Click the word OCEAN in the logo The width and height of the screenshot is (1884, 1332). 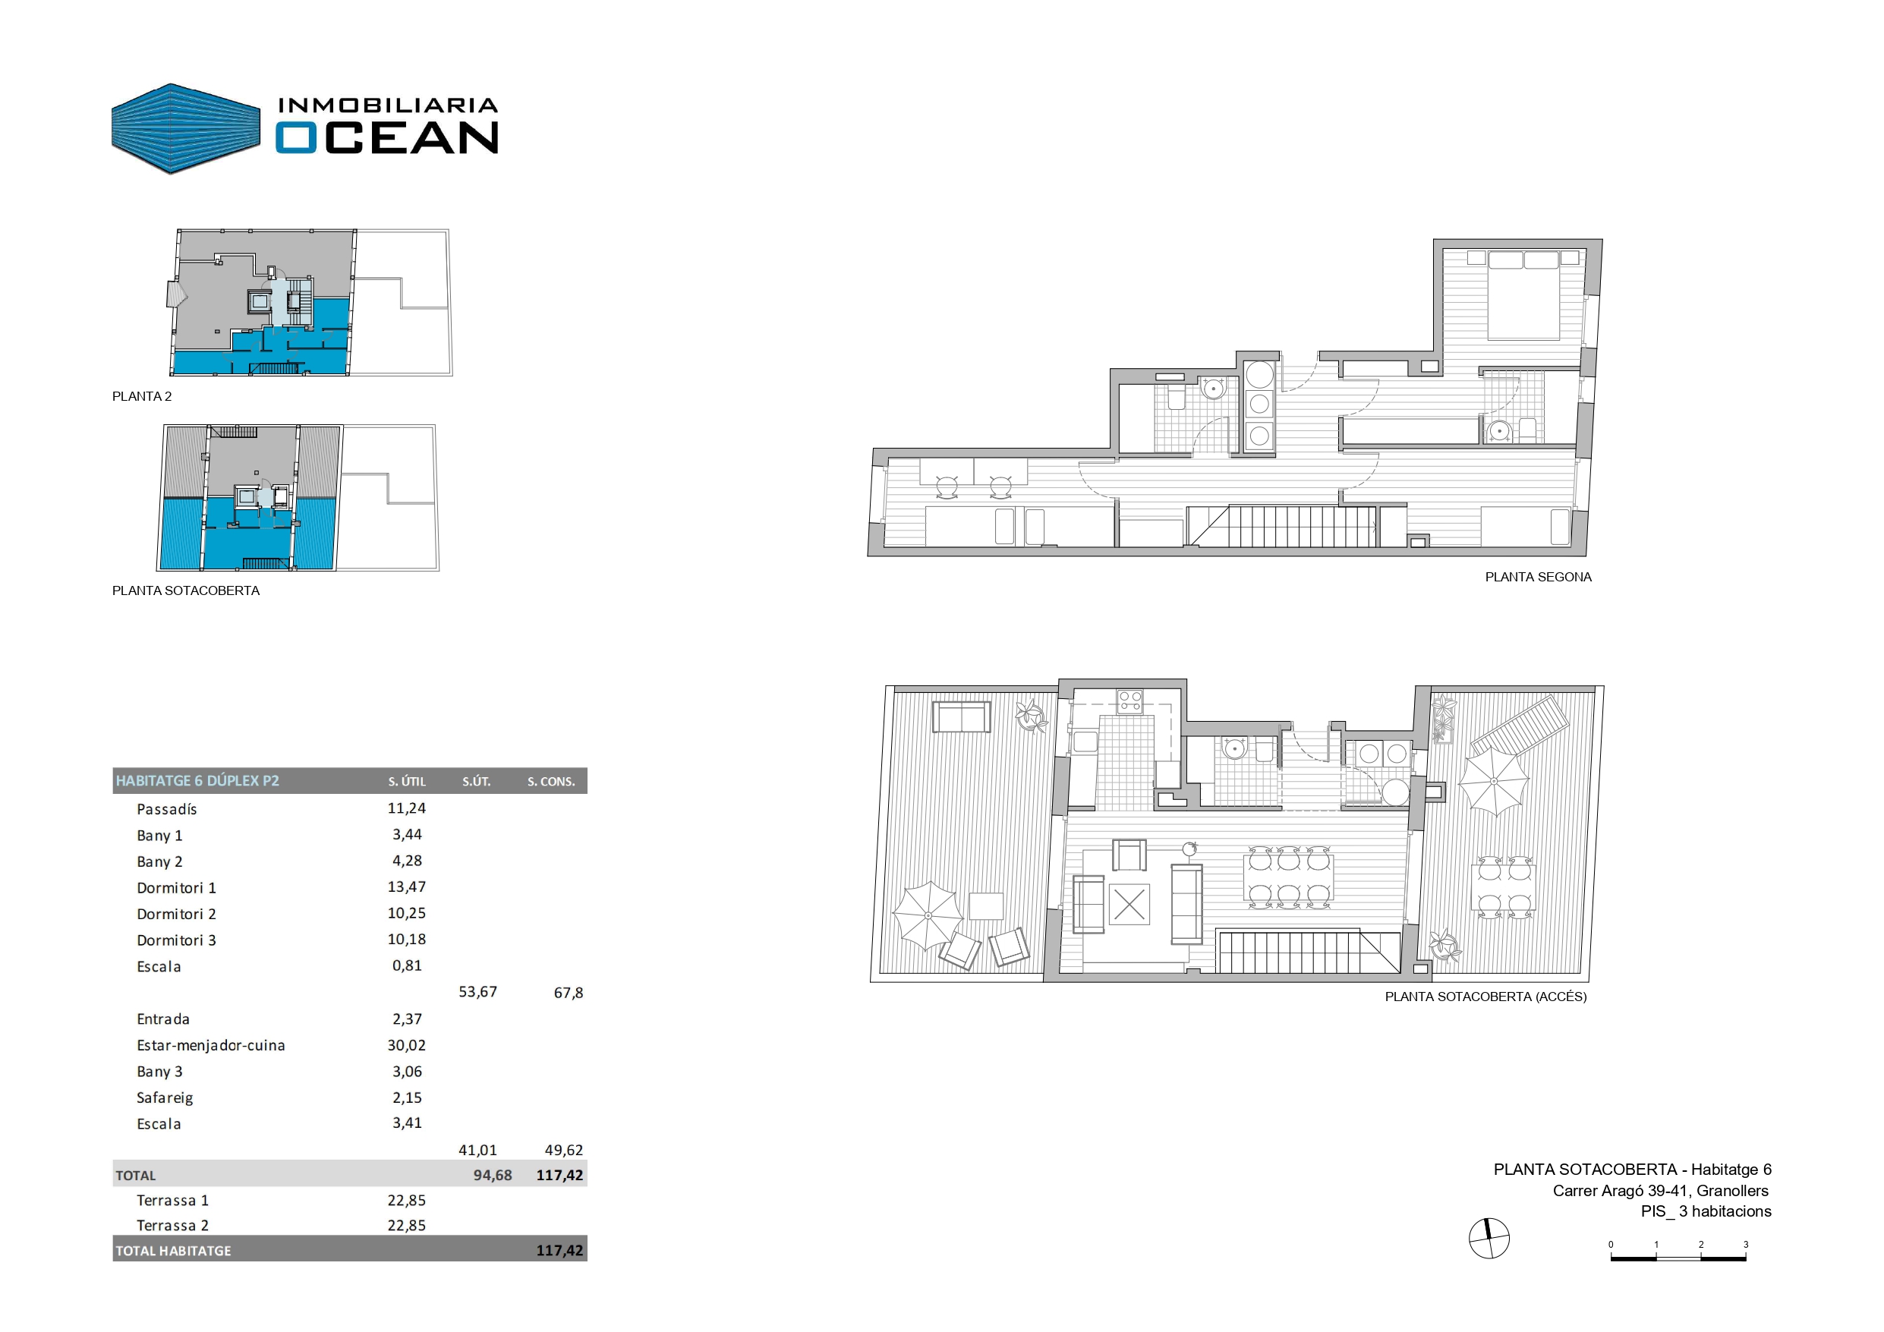(x=387, y=137)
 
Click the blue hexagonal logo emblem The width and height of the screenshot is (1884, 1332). (x=185, y=129)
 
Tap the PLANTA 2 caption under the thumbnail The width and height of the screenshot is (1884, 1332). (x=142, y=396)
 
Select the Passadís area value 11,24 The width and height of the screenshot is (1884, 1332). (x=406, y=808)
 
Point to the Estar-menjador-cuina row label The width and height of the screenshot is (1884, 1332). (x=211, y=1046)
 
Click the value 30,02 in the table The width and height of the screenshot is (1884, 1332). (x=406, y=1046)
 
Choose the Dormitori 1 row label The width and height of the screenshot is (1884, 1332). (x=176, y=888)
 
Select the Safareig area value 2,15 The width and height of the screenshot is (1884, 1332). (x=406, y=1098)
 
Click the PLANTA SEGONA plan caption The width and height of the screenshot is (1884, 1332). (x=1538, y=578)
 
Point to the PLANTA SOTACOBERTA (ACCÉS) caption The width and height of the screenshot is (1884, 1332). (x=1485, y=997)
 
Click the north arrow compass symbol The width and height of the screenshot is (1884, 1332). (x=1489, y=1239)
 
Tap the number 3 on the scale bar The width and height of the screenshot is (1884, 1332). (x=1745, y=1245)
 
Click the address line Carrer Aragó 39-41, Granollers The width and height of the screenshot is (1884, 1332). (x=1660, y=1191)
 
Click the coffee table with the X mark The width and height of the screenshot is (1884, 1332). (x=1129, y=905)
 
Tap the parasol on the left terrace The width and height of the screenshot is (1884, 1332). (x=928, y=915)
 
